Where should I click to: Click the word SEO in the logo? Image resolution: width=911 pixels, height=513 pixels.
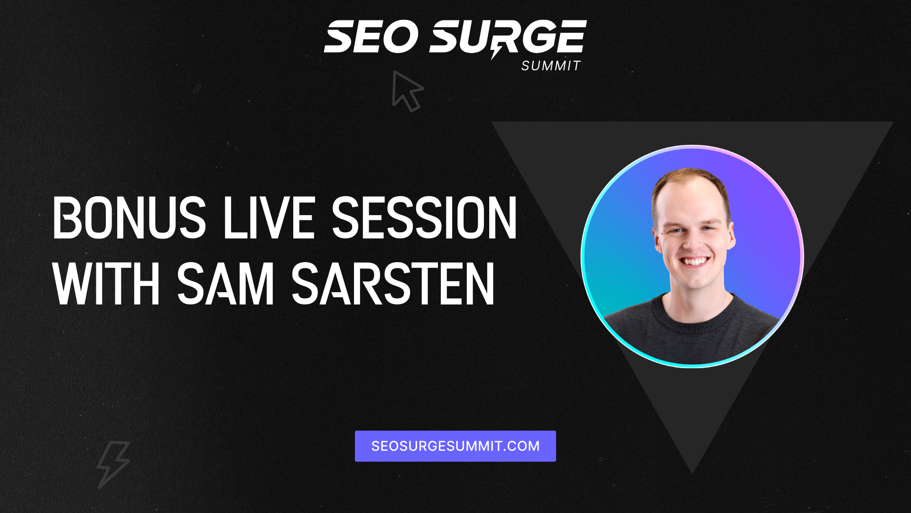(371, 37)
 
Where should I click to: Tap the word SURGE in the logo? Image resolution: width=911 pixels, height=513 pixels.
(508, 37)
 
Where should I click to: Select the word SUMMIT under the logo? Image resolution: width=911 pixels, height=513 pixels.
(551, 66)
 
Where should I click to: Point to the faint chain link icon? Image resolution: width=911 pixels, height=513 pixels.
(197, 89)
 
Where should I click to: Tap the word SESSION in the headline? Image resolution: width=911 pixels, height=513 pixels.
(424, 218)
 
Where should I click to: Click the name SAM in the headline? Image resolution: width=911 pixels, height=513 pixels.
(226, 284)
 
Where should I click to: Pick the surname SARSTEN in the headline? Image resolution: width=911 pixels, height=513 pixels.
(393, 284)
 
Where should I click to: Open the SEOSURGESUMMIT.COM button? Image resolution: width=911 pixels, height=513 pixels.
(455, 446)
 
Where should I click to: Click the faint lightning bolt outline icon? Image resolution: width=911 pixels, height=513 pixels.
(113, 464)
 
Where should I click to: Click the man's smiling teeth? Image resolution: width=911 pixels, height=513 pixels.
(695, 262)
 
